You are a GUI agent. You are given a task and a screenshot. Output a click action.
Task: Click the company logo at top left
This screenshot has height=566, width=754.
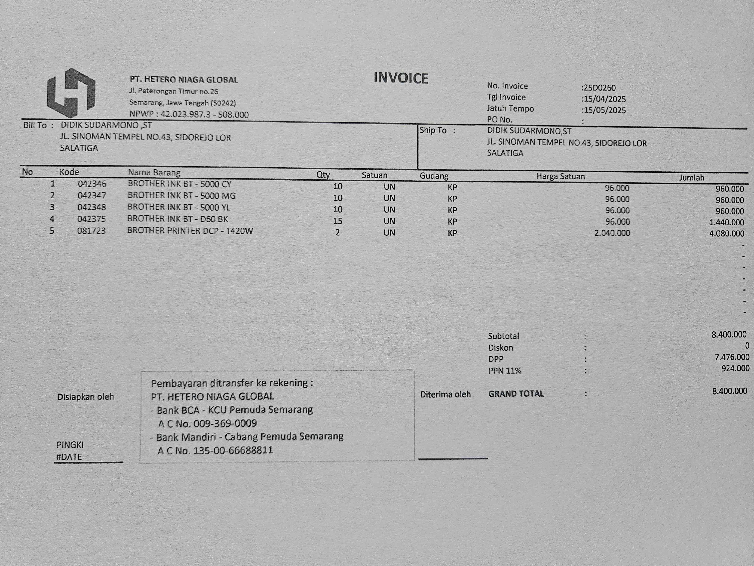71,93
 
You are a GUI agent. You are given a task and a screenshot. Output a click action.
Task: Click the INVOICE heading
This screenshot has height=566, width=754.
401,78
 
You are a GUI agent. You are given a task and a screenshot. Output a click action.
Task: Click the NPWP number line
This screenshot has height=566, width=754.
189,114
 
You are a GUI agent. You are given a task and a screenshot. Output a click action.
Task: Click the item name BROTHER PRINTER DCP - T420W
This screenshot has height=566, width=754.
190,231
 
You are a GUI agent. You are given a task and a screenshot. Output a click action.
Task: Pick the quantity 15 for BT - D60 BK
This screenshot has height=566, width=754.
337,221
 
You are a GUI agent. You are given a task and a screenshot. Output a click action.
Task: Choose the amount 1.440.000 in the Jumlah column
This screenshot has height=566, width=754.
726,222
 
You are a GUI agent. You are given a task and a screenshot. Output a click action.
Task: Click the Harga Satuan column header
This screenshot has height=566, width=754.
560,176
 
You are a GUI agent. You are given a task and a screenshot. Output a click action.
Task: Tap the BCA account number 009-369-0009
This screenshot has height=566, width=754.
225,423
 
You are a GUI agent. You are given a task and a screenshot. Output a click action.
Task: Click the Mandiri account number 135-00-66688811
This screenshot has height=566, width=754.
233,450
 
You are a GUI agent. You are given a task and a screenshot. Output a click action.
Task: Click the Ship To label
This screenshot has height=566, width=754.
433,130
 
